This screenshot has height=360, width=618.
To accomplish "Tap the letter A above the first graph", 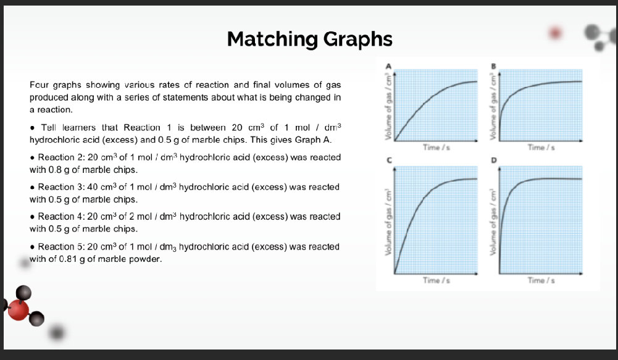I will pyautogui.click(x=388, y=65).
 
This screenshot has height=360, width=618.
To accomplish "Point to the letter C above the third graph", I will pyautogui.click(x=388, y=160).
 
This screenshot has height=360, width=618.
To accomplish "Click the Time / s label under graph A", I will pyautogui.click(x=432, y=148).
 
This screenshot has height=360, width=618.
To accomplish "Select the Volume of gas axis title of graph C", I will pyautogui.click(x=389, y=222).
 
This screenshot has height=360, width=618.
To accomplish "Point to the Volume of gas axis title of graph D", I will pyautogui.click(x=493, y=222).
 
